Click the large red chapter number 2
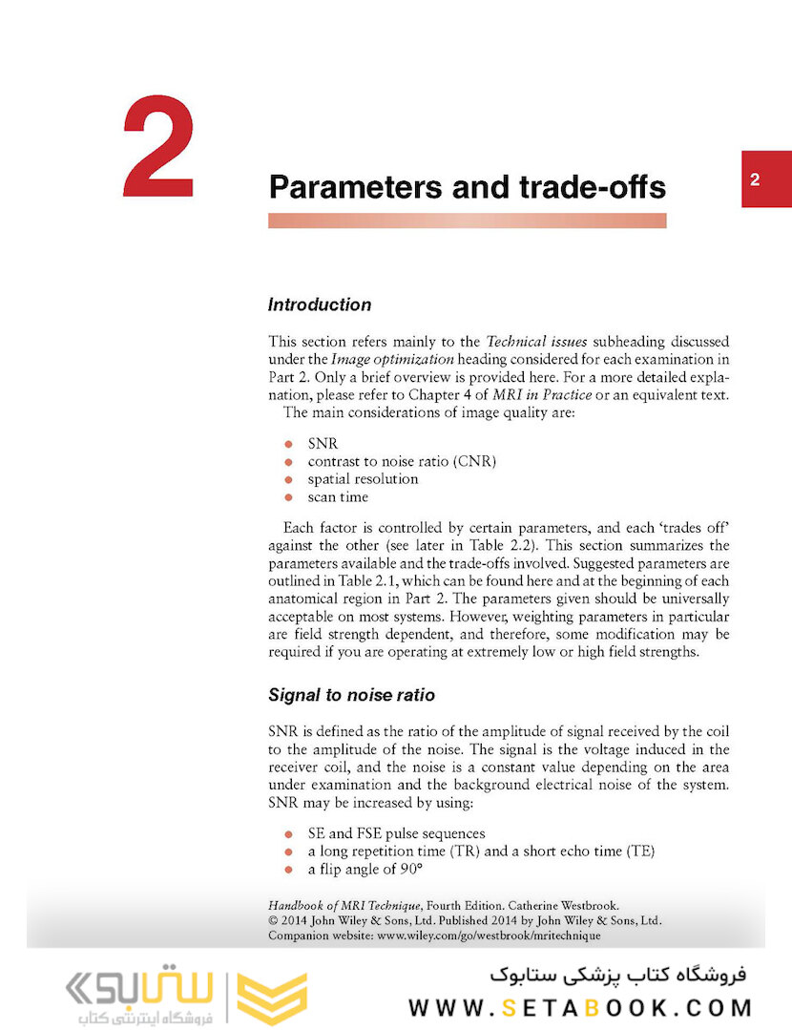(x=159, y=149)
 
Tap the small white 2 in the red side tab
(x=755, y=179)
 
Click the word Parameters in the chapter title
(x=358, y=187)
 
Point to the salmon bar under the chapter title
(x=467, y=221)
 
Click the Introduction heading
(x=320, y=305)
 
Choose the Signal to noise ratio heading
(x=352, y=695)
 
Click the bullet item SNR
(x=323, y=444)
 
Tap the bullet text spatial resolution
(x=363, y=479)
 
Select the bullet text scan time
(x=338, y=496)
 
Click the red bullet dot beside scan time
(x=288, y=497)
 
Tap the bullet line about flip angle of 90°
(x=365, y=869)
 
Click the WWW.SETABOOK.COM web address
(x=580, y=1007)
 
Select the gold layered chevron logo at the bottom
(x=272, y=998)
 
